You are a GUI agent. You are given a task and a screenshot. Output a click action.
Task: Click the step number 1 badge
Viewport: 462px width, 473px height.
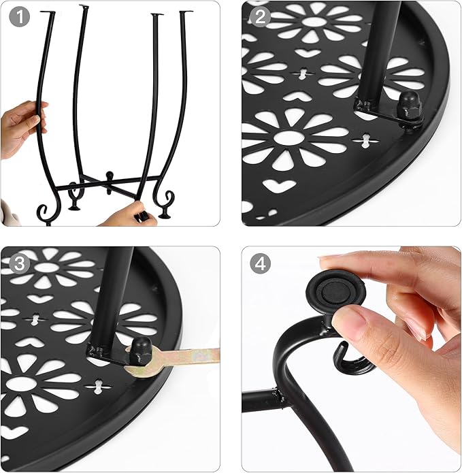pos(20,17)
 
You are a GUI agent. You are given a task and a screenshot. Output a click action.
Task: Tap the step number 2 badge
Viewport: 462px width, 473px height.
pos(260,17)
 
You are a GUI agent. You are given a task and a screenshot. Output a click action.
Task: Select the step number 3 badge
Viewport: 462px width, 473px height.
pos(20,263)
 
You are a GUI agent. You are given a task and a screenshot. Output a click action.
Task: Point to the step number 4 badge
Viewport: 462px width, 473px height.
pos(260,263)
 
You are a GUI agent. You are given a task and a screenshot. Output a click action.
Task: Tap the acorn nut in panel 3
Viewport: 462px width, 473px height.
pos(140,349)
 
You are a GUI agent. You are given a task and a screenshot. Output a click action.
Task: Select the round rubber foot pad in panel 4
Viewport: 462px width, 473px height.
pos(336,292)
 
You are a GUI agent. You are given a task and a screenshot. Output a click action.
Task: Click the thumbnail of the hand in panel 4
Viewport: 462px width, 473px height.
pos(350,321)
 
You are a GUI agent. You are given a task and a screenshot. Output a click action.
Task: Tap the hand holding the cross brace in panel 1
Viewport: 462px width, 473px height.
pos(133,215)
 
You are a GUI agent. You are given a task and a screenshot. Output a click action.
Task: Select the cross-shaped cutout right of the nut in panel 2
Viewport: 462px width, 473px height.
pos(366,140)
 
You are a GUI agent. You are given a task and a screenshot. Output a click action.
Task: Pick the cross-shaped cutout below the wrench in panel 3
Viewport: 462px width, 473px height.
pos(98,387)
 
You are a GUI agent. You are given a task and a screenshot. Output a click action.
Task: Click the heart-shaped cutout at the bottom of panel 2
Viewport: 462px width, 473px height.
pos(279,186)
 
